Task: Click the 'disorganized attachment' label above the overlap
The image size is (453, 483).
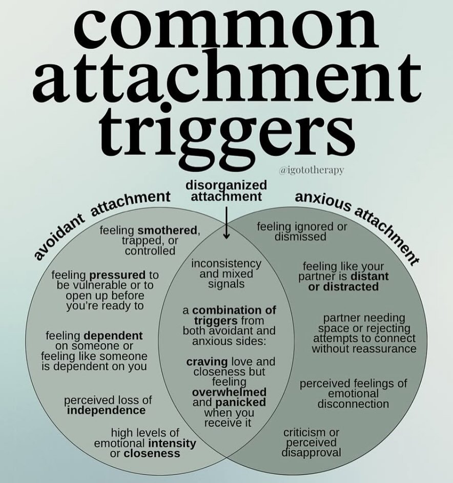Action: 226,191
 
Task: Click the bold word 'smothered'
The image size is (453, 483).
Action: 167,230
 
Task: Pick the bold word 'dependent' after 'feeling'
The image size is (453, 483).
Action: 113,335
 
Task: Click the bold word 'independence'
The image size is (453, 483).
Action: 106,411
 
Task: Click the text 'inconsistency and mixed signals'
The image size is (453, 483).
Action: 226,274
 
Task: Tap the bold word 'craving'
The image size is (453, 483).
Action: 203,362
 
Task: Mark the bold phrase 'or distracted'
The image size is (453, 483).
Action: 343,287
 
